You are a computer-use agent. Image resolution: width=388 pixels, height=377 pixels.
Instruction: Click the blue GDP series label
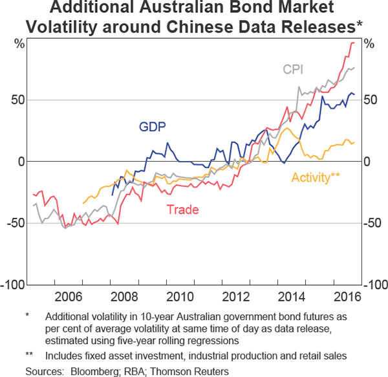click(153, 127)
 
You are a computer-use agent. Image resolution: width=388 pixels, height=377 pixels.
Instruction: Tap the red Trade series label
click(182, 210)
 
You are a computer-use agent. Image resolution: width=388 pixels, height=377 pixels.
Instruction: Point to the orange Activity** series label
click(316, 177)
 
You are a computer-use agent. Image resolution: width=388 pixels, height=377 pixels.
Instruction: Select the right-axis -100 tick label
click(376, 285)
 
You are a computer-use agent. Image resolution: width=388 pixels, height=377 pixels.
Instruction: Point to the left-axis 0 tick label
click(21, 162)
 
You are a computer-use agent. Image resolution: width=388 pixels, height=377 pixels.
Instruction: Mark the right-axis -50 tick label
click(374, 223)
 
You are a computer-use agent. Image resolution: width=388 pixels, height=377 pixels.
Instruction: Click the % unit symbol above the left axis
click(19, 45)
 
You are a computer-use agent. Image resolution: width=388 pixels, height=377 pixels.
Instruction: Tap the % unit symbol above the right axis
click(369, 45)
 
